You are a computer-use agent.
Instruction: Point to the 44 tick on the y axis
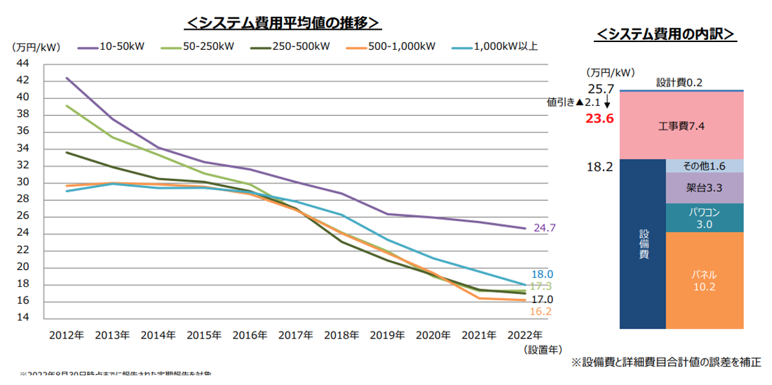click(22, 63)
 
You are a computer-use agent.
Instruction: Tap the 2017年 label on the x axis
click(296, 336)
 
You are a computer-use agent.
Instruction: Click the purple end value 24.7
click(544, 228)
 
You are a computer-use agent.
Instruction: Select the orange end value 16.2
click(542, 312)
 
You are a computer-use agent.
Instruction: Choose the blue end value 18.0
click(542, 274)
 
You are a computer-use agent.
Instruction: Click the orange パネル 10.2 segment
click(704, 280)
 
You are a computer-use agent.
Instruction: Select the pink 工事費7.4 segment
click(682, 126)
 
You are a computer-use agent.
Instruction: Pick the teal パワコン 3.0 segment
click(704, 218)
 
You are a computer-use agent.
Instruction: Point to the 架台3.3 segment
click(704, 188)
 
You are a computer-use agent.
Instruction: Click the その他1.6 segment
click(704, 166)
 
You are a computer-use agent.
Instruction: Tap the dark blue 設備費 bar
click(642, 244)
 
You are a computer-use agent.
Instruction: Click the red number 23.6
click(599, 118)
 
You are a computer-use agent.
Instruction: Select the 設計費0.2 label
click(679, 83)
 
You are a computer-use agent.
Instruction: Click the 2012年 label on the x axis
click(66, 336)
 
